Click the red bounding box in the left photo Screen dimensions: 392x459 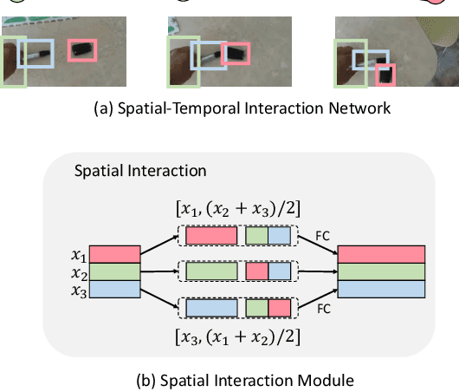pos(82,52)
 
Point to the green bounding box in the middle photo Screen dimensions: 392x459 pos(184,61)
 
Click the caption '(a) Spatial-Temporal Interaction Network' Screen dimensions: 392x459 pos(229,108)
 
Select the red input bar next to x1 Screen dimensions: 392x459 pos(113,253)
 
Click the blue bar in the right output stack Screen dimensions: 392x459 pos(380,287)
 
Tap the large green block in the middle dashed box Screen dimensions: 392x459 pos(210,271)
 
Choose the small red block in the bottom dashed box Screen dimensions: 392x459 pos(279,307)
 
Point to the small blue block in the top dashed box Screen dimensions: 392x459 pos(279,235)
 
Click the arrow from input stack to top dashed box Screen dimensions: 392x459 pos(158,244)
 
